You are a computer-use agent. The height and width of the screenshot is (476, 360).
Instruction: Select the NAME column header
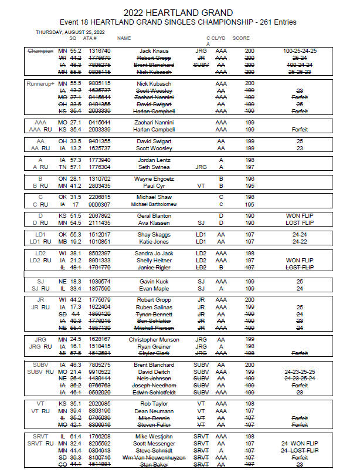click(x=124, y=38)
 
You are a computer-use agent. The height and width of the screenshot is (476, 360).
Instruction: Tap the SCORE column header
click(x=241, y=38)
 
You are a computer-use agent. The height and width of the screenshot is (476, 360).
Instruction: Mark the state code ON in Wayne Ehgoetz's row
click(x=63, y=178)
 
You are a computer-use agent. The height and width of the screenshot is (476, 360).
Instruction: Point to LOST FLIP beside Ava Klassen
click(x=299, y=223)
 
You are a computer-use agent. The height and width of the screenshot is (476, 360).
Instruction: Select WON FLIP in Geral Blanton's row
click(x=299, y=216)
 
